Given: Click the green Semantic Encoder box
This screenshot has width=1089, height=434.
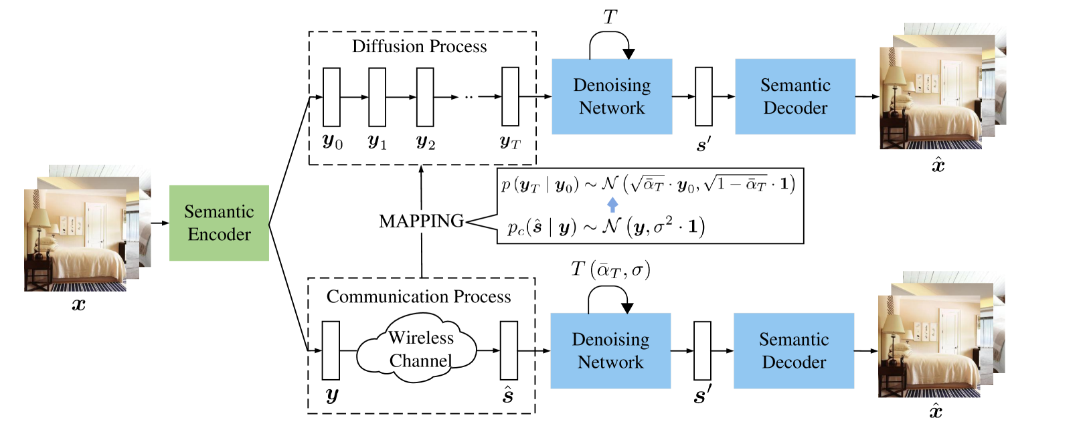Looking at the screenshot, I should pos(219,223).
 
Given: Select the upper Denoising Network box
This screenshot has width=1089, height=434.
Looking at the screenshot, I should pos(612,96).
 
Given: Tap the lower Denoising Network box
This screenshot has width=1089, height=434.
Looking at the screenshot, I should pos(610,350).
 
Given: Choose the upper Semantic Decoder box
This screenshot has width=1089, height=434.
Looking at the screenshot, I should pos(795,96).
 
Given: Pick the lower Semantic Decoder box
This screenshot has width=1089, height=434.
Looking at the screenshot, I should pos(794,350).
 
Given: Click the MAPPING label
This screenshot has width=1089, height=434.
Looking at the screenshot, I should pos(421,221).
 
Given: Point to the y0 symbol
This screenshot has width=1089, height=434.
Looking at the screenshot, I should pos(333,142).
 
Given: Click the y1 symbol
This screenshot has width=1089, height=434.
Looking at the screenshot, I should pos(378,142).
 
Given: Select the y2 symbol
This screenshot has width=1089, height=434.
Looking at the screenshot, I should pos(426,142).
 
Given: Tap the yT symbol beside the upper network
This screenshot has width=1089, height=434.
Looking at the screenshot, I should pos(511,142).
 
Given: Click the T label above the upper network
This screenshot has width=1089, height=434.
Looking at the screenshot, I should pos(611,17).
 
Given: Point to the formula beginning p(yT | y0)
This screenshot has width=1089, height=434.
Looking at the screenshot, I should pos(648,184).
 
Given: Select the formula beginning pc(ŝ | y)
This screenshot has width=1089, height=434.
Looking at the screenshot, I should pos(605,227).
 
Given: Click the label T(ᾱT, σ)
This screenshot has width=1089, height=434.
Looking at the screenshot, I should pos(610,269).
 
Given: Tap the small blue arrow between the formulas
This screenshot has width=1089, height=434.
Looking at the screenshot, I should pos(612,205).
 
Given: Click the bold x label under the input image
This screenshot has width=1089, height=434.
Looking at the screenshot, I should pos(80,304).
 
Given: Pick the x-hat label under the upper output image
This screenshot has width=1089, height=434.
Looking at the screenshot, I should pos(938,165).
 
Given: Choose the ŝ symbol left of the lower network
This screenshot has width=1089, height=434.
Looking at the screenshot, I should pos(508,395).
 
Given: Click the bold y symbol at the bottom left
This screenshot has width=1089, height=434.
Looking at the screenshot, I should pos(331,395).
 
